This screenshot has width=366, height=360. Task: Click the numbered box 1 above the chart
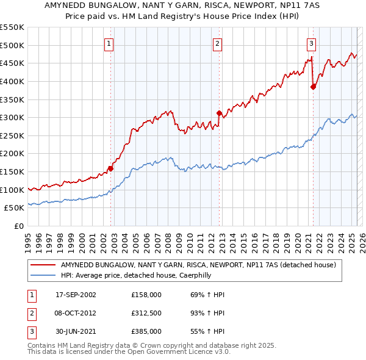(109, 43)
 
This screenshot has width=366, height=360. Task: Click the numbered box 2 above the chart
(217, 43)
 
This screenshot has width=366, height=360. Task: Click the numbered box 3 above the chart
(311, 43)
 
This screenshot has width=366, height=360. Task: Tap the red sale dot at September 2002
(110, 168)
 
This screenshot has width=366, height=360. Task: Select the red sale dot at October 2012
(219, 113)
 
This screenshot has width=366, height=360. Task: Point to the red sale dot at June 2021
(313, 87)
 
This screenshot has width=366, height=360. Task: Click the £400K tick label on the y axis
(12, 81)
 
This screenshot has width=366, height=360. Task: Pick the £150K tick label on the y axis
(12, 172)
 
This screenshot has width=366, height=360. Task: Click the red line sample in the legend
(43, 265)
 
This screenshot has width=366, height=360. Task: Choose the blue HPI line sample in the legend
(43, 276)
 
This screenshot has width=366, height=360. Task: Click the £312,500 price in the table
(146, 313)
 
